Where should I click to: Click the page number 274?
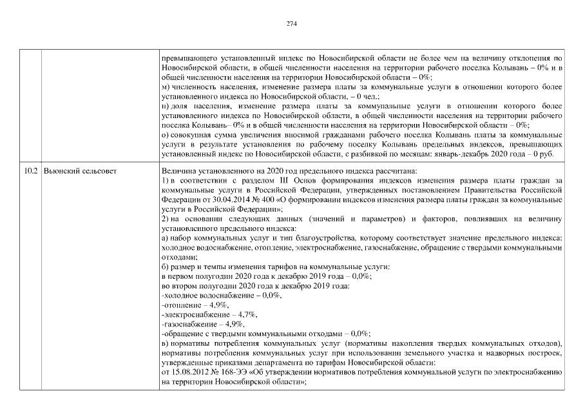pos(291,24)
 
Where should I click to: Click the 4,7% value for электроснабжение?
pos(245,314)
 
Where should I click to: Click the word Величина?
pos(178,170)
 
